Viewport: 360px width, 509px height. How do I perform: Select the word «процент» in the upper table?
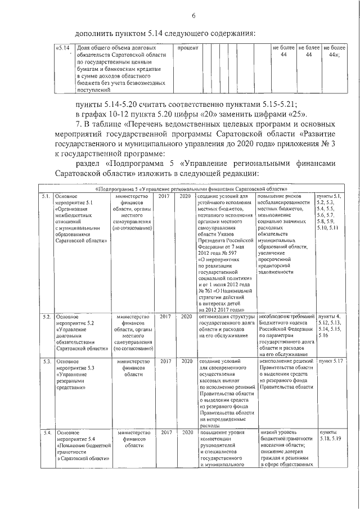click(x=188, y=48)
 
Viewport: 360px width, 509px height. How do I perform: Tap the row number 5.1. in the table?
click(x=47, y=196)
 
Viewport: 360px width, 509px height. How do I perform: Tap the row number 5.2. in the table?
click(x=47, y=317)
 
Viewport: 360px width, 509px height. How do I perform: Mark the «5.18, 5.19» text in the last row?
click(x=329, y=438)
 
